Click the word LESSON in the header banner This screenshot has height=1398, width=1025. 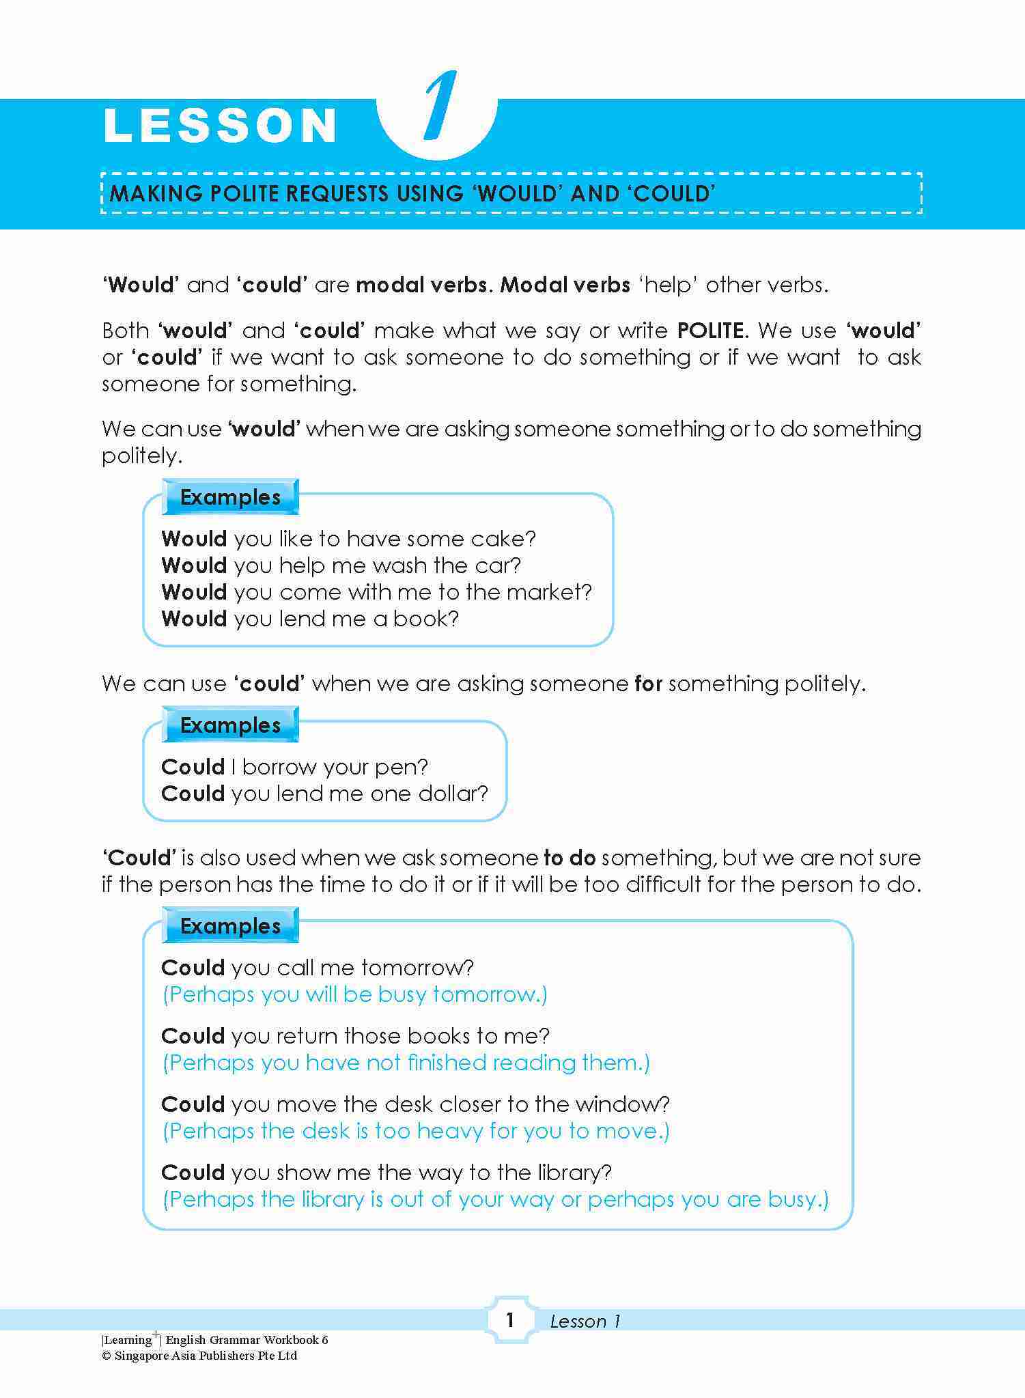pos(220,126)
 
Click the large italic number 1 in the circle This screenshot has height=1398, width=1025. pos(439,108)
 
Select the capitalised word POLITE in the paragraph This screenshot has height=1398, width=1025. pos(711,331)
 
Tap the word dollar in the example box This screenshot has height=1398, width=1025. pos(456,794)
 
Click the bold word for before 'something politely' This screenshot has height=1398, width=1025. pos(648,684)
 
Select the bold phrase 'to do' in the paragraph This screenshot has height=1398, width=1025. pos(570,858)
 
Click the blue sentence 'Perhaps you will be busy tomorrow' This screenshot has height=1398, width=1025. pos(354,994)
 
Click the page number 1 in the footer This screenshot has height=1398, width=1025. pos(509,1320)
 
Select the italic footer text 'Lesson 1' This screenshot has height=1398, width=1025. pos(585,1322)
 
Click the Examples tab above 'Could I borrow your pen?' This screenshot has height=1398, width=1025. pos(230,725)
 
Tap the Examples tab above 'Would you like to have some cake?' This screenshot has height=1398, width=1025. pos(230,497)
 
